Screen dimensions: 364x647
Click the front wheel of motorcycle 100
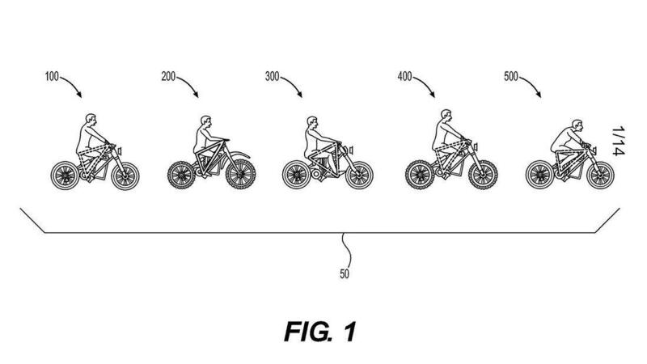pyautogui.click(x=125, y=175)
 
